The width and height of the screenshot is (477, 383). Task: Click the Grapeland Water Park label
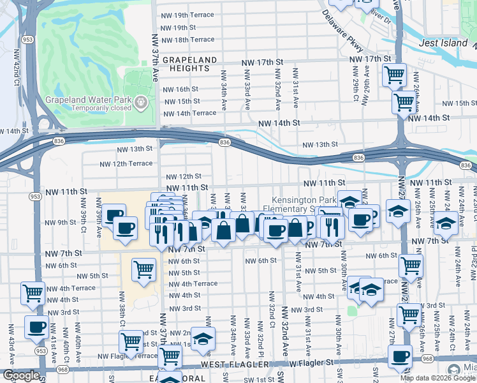88,100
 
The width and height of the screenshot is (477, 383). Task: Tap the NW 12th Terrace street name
126,163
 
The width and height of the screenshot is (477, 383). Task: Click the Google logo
21,375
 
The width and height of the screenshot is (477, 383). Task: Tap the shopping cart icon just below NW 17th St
394,75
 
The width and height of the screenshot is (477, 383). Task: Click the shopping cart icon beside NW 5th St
144,269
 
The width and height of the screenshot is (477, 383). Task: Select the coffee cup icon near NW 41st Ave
37,326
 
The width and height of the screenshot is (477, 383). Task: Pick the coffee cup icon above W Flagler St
400,356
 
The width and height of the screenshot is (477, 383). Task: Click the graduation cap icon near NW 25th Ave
446,223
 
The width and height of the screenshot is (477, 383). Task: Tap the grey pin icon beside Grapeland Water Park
141,102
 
